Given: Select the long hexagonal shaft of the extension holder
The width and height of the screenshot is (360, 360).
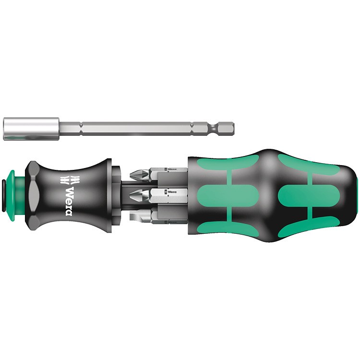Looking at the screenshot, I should pos(134,129).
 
